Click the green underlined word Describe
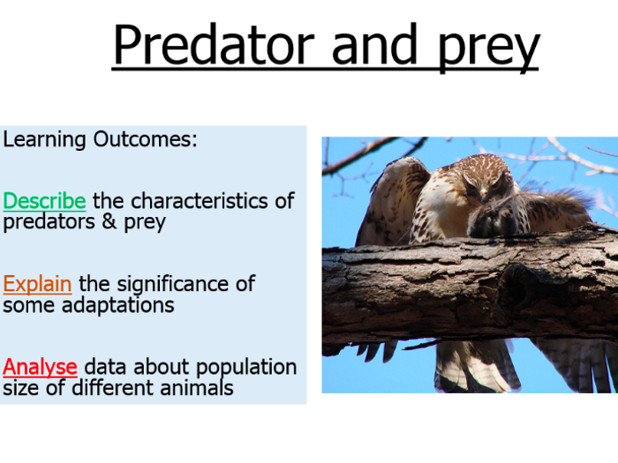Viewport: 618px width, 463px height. pyautogui.click(x=44, y=201)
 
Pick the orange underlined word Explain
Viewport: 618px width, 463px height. pyautogui.click(x=38, y=284)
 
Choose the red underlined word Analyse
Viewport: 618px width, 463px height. pyautogui.click(x=40, y=367)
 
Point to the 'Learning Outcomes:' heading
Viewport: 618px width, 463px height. pyautogui.click(x=100, y=140)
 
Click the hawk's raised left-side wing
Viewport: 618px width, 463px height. pyautogui.click(x=385, y=198)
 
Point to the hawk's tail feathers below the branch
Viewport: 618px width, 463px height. pyautogui.click(x=472, y=366)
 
